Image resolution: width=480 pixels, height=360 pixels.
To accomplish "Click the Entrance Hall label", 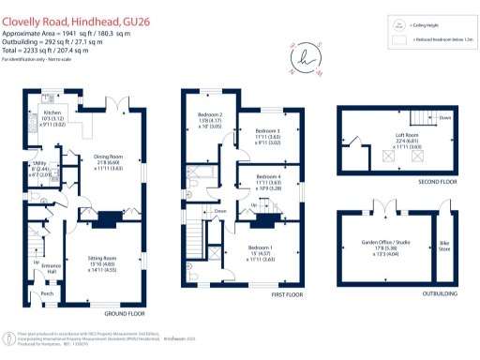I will [51, 268].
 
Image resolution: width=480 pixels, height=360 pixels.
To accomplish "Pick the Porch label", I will [47, 293].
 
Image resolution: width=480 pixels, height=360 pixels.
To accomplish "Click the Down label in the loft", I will [444, 118].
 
